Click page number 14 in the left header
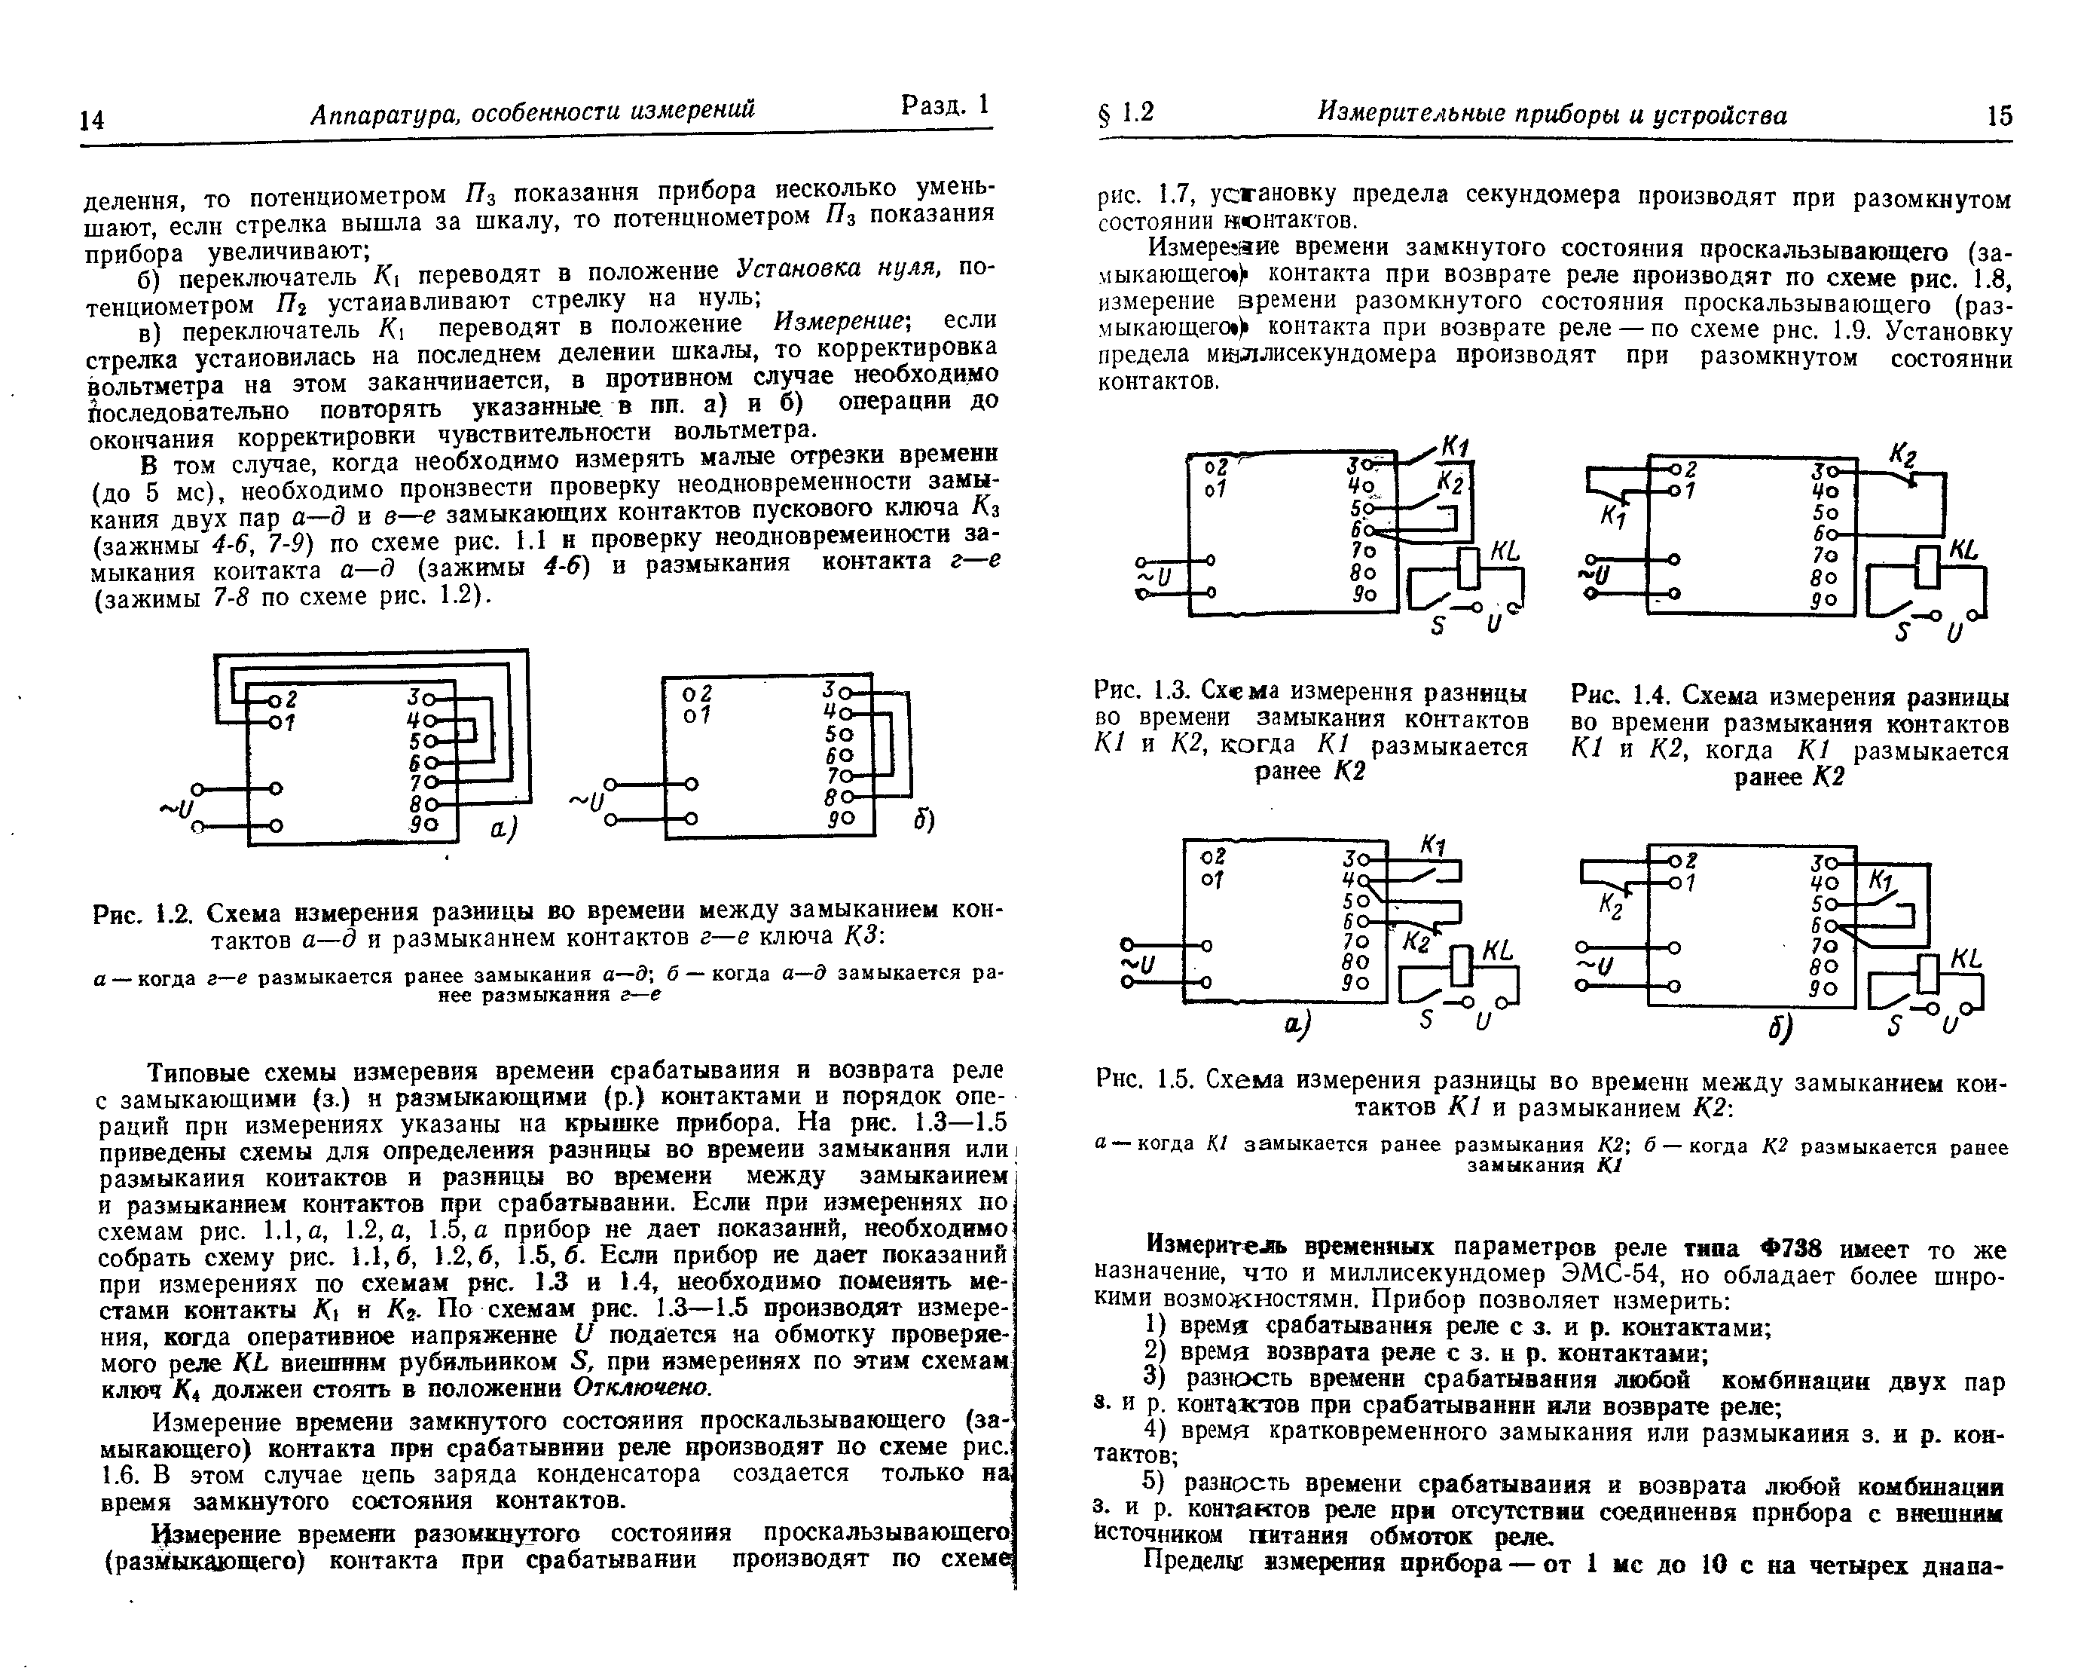click(x=92, y=119)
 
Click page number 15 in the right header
click(x=2000, y=116)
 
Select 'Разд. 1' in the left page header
click(x=945, y=105)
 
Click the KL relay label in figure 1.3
click(x=1505, y=551)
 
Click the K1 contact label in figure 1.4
click(x=1612, y=518)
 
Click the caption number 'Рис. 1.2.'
click(x=145, y=913)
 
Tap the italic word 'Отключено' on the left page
click(x=643, y=1388)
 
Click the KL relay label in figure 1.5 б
click(x=1966, y=959)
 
